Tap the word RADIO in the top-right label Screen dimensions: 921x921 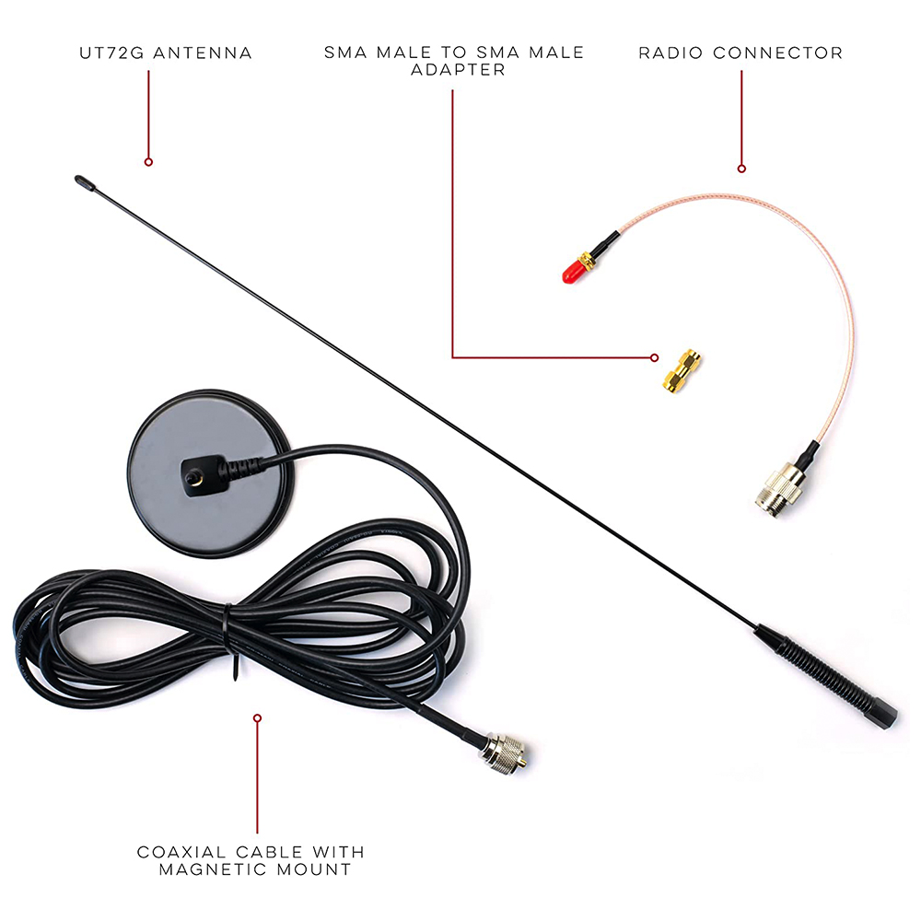pyautogui.click(x=670, y=52)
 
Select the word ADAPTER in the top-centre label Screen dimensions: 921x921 pyautogui.click(x=458, y=70)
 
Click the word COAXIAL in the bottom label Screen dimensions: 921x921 pyautogui.click(x=181, y=852)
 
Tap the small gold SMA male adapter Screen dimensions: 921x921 pyautogui.click(x=682, y=370)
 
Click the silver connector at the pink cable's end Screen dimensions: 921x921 pyautogui.click(x=778, y=485)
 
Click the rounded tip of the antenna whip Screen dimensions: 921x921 pyautogui.click(x=84, y=182)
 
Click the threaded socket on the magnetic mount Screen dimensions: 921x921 pyautogui.click(x=193, y=476)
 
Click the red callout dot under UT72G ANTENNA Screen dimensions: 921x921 pyautogui.click(x=148, y=161)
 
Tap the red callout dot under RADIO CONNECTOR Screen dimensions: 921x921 pyautogui.click(x=741, y=169)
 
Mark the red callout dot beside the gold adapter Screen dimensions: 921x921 pyautogui.click(x=654, y=357)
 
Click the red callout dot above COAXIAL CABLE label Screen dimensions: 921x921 pyautogui.click(x=257, y=717)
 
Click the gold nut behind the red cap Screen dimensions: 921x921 pyautogui.click(x=587, y=261)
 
